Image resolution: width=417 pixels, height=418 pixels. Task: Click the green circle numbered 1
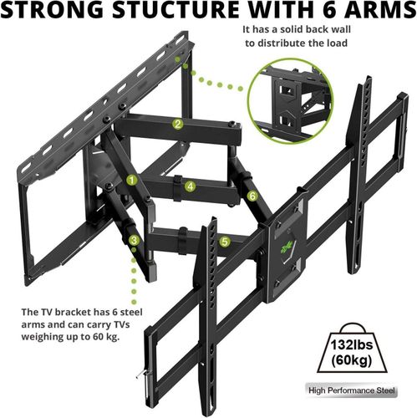pos(132,181)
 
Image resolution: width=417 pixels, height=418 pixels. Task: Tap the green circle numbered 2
pos(178,124)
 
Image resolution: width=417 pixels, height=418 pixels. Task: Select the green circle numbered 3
pos(135,240)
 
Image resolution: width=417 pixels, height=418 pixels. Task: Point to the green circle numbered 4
pos(191,186)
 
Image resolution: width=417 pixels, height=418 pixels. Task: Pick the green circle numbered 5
pos(225,242)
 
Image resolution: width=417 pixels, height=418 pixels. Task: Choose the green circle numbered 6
pos(252,196)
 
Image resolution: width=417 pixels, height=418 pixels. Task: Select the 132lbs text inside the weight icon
pos(352,345)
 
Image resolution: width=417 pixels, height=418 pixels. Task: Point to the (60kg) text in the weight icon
pos(352,360)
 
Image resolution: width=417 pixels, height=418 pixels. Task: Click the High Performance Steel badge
pos(352,390)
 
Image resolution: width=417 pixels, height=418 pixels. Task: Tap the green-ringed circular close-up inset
pos(290,101)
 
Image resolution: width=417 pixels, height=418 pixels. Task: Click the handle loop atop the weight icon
pos(352,328)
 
